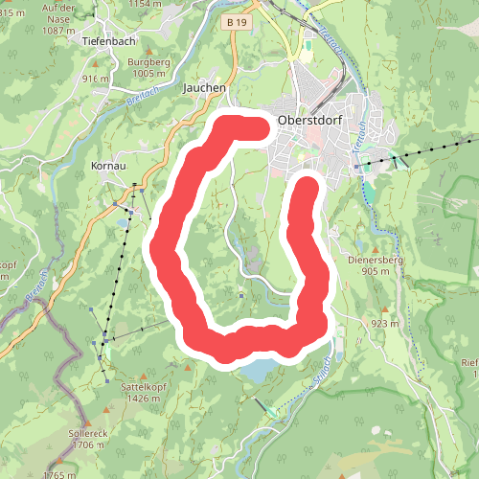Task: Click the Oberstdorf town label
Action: (x=309, y=120)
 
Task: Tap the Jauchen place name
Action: (x=204, y=87)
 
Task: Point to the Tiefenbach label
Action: (x=109, y=42)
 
